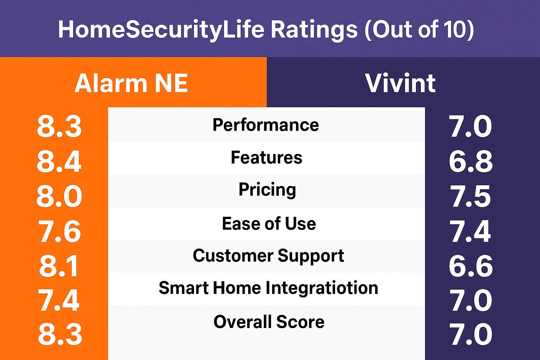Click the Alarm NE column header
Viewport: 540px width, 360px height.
pyautogui.click(x=131, y=83)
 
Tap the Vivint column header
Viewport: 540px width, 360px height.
pyautogui.click(x=400, y=83)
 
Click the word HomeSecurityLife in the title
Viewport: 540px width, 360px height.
pyautogui.click(x=161, y=30)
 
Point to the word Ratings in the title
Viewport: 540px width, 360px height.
pyautogui.click(x=314, y=30)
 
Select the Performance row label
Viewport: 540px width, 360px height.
pyautogui.click(x=266, y=125)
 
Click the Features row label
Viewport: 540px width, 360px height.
pyautogui.click(x=266, y=157)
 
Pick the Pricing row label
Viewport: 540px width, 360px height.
pyautogui.click(x=267, y=190)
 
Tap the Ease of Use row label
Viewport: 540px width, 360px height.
pyautogui.click(x=269, y=224)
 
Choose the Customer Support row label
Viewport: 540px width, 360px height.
pyautogui.click(x=268, y=256)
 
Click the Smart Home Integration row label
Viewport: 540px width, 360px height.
pyautogui.click(x=268, y=288)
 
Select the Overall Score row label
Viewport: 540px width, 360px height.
pyautogui.click(x=269, y=322)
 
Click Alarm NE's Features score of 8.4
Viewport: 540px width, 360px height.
pyautogui.click(x=59, y=161)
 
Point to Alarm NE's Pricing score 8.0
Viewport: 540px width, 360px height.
pyautogui.click(x=59, y=196)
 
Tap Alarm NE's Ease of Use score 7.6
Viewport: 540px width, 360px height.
pyautogui.click(x=59, y=231)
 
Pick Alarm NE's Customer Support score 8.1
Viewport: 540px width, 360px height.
pyautogui.click(x=59, y=266)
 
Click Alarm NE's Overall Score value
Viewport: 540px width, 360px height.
pyautogui.click(x=60, y=334)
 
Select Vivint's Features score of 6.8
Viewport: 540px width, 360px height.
pyautogui.click(x=471, y=161)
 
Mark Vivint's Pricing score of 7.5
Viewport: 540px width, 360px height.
pyautogui.click(x=471, y=196)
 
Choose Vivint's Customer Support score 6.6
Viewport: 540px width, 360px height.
pyautogui.click(x=471, y=266)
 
